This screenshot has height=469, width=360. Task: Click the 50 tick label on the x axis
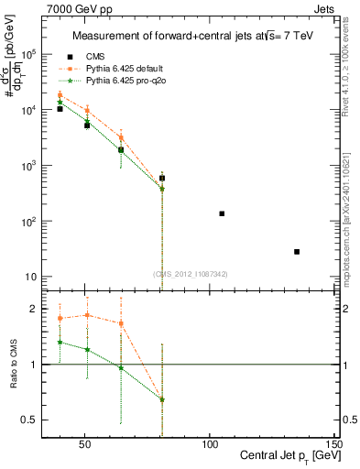[84, 442]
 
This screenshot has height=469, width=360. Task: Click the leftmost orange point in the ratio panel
[60, 318]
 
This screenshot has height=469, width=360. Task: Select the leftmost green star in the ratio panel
[60, 342]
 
